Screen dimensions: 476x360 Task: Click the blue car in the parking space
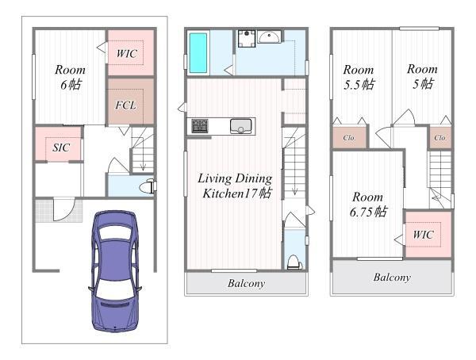coord(115,271)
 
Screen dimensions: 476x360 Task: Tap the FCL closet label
coord(125,105)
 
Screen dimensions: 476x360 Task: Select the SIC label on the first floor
coord(61,147)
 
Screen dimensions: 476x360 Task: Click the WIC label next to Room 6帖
coord(127,53)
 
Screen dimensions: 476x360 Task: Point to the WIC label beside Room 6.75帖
coord(423,235)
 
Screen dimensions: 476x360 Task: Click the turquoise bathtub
coord(198,53)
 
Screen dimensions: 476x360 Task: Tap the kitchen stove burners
coord(200,126)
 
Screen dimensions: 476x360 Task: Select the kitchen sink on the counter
coord(240,126)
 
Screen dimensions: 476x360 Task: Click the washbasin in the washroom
coord(269,36)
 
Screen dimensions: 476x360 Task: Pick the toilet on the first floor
coord(148,186)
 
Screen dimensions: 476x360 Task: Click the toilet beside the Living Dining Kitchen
coord(294,262)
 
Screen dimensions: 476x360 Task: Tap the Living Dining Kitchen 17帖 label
coord(236,186)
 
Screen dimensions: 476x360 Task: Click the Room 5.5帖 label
coord(359,77)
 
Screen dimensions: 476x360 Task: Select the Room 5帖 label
coord(422,76)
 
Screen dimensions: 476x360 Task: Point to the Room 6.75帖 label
coord(368,205)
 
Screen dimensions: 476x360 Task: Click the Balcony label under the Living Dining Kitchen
coord(246,283)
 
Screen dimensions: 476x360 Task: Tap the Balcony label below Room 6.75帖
coord(392,277)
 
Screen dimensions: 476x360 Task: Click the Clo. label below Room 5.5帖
coord(349,138)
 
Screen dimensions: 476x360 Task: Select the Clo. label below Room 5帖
coord(440,138)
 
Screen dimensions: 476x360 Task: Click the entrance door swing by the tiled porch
coord(64,209)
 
